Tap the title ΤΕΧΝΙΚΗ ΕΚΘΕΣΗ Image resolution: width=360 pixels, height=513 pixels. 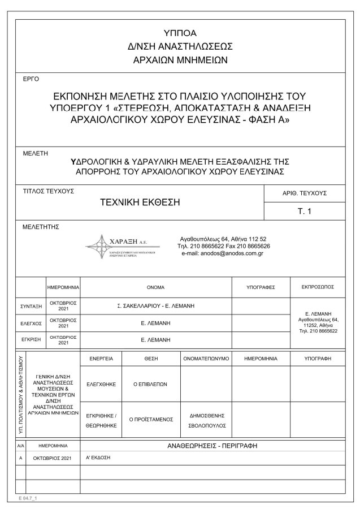[140, 202]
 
